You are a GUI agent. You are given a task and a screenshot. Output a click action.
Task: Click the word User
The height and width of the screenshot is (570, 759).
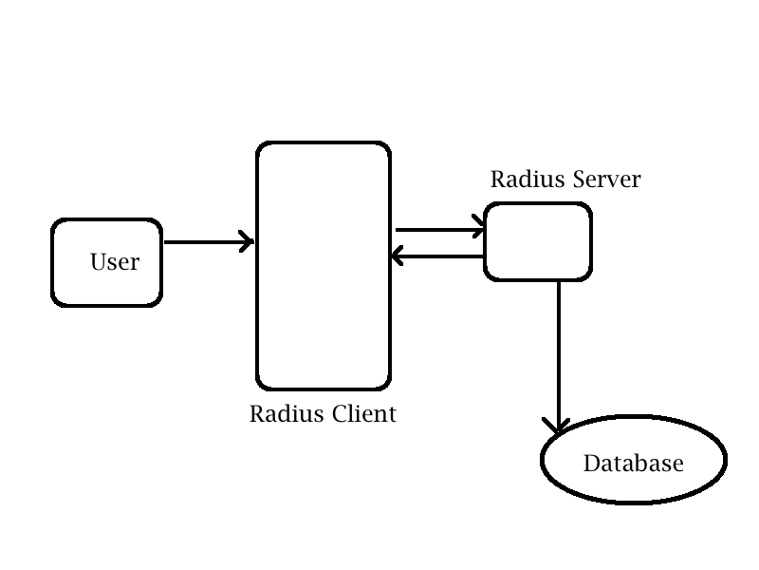tap(115, 262)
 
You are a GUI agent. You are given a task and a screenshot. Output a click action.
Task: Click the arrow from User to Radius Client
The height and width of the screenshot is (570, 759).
tap(204, 242)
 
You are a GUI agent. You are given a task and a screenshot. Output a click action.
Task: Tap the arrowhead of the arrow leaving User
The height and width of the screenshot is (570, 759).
tap(249, 242)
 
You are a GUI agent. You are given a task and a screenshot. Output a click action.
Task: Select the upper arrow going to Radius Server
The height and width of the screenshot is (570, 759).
tap(436, 229)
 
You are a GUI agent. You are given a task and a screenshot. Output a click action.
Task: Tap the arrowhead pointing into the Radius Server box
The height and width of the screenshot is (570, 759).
tap(480, 229)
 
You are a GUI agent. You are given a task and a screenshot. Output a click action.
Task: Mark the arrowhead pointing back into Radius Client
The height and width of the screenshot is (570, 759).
tap(398, 256)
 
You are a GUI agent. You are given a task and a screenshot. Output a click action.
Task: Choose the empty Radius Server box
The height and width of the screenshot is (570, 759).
tap(538, 242)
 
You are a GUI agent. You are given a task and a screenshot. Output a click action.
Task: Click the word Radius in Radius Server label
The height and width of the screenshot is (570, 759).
tap(520, 180)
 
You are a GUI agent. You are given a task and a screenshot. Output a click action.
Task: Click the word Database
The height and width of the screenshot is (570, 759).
tap(633, 464)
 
